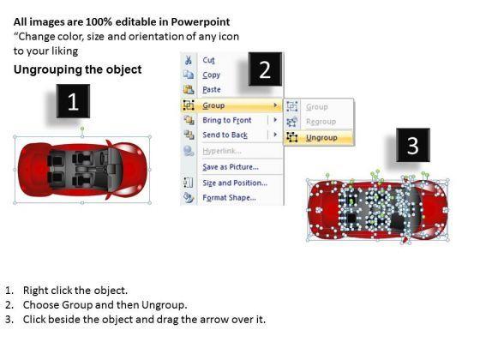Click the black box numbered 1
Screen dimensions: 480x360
[73, 101]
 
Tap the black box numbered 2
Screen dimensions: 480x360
[265, 69]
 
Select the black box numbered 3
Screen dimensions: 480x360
[413, 145]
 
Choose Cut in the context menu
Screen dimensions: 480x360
[208, 60]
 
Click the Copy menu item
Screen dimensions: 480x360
[211, 75]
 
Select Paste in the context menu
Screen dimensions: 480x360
[212, 89]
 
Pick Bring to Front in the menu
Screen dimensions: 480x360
[227, 120]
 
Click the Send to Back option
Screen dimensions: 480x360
[225, 135]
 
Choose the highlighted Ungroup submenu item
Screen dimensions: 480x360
[321, 138]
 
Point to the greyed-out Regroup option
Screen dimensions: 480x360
[321, 122]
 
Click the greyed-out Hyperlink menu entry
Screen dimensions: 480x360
[222, 151]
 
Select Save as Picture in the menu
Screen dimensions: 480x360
[231, 167]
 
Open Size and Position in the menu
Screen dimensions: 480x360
[235, 183]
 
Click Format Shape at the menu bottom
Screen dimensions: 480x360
[230, 197]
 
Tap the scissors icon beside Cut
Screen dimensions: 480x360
[189, 60]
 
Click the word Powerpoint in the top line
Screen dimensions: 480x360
[201, 21]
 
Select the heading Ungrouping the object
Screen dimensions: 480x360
[77, 69]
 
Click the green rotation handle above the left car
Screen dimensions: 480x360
[82, 129]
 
